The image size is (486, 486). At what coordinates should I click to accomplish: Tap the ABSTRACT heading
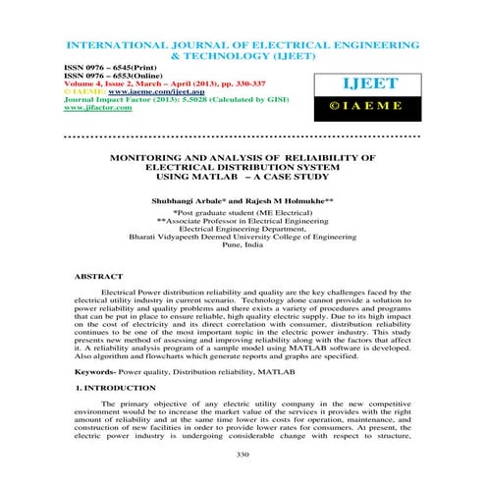pos(98,278)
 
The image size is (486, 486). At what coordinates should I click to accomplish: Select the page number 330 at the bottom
pos(243,454)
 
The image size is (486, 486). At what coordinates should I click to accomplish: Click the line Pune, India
pos(243,249)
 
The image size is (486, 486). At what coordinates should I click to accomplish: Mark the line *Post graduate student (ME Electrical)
pos(243,213)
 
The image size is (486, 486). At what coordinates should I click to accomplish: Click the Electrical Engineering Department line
pos(243,231)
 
